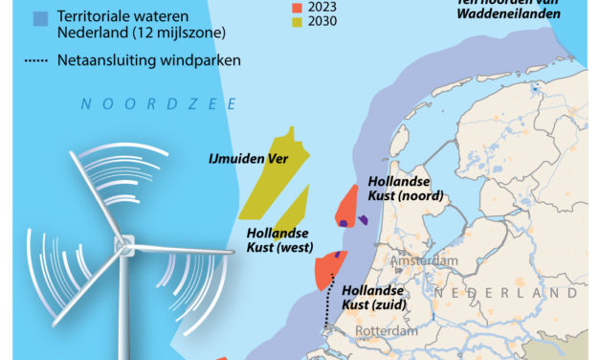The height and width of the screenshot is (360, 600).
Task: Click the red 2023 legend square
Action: click(297, 6)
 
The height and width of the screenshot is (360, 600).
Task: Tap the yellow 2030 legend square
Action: click(297, 22)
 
